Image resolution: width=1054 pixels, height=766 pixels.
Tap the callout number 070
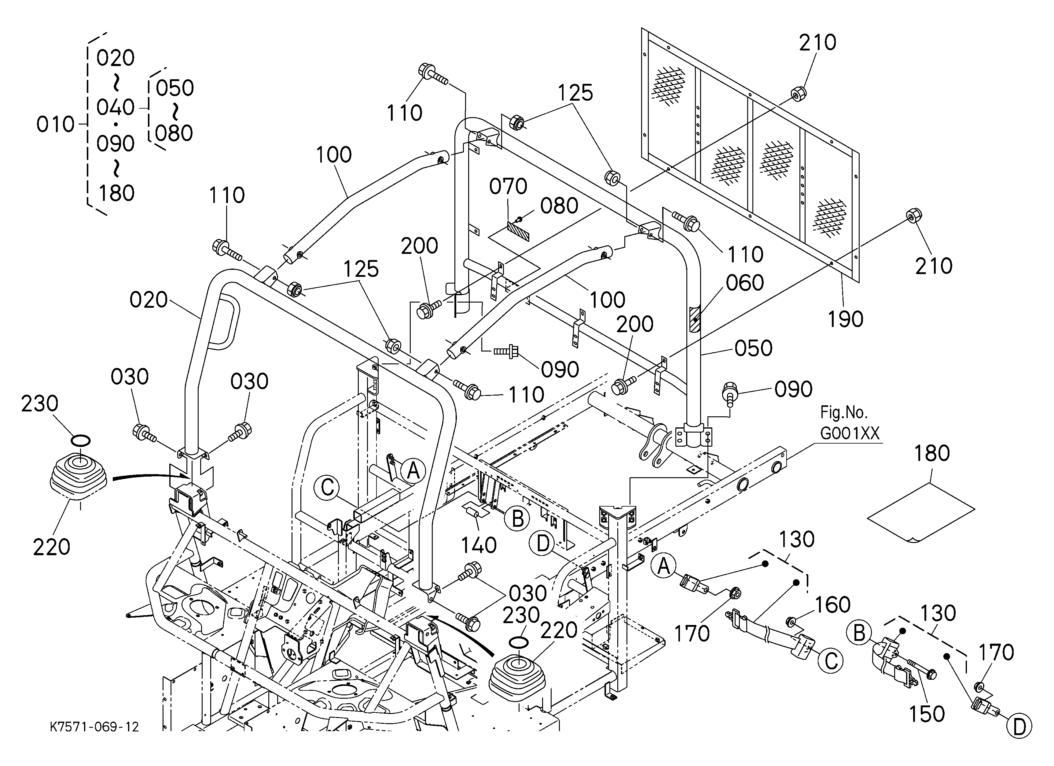tap(508, 187)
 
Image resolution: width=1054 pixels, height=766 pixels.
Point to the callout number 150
tap(927, 714)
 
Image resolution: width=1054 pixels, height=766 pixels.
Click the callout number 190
tap(845, 319)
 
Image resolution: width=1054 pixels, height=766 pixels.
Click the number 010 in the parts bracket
tap(56, 125)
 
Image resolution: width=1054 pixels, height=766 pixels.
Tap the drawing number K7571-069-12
tap(94, 727)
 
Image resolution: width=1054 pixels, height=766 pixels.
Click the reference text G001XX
tap(850, 433)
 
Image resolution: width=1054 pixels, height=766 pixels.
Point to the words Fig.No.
tap(843, 413)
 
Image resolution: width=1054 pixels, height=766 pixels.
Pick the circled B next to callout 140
tap(517, 519)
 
